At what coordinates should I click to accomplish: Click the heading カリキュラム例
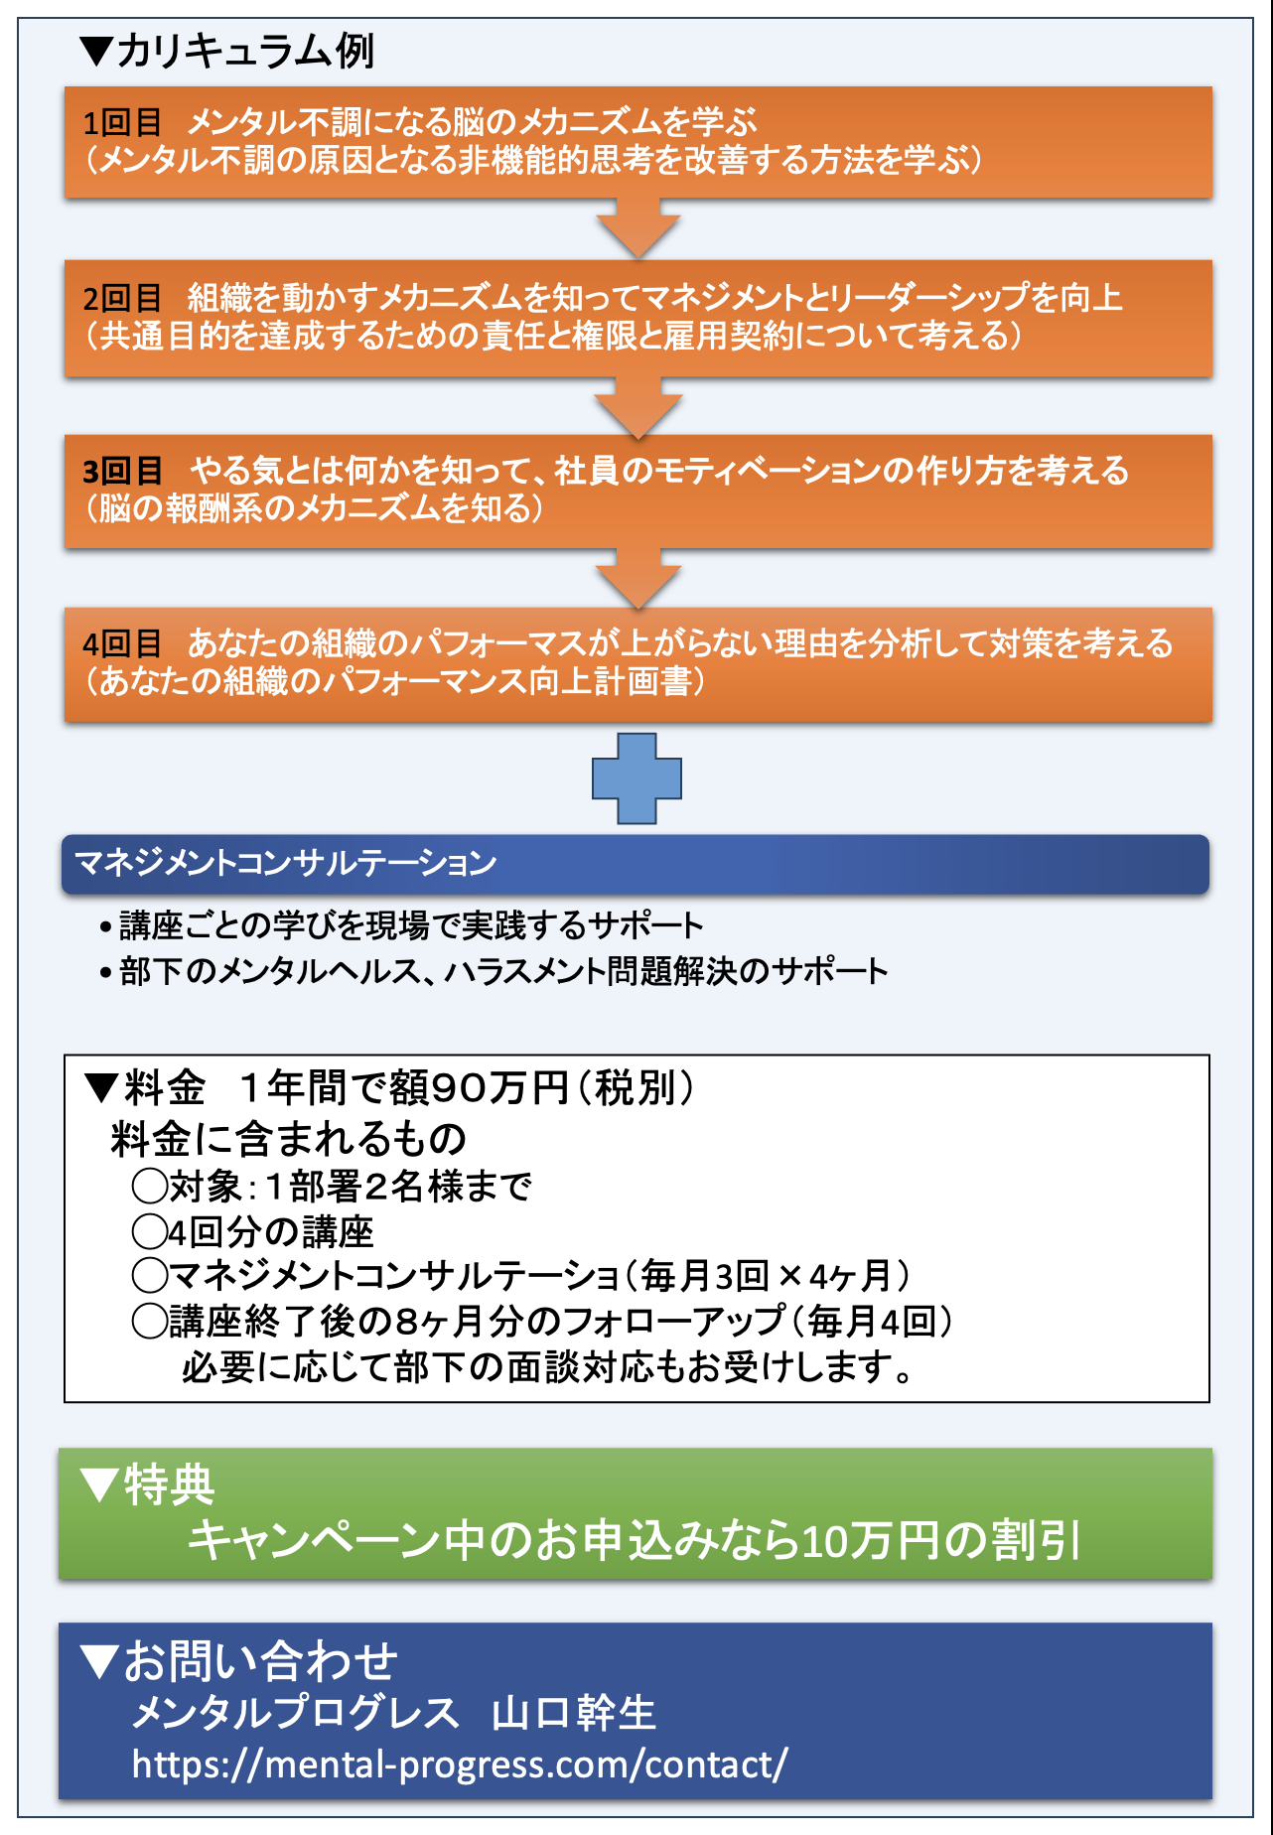pyautogui.click(x=245, y=51)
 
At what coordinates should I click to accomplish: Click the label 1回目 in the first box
pyautogui.click(x=121, y=123)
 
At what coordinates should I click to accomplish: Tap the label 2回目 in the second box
pyautogui.click(x=121, y=298)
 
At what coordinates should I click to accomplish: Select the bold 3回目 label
pyautogui.click(x=122, y=471)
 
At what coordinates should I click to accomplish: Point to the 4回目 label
pyautogui.click(x=121, y=644)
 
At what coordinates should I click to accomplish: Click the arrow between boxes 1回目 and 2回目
pyautogui.click(x=637, y=228)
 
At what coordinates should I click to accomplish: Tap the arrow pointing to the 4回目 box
pyautogui.click(x=637, y=579)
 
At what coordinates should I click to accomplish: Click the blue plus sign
pyautogui.click(x=636, y=778)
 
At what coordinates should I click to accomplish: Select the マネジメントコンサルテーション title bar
pyautogui.click(x=636, y=864)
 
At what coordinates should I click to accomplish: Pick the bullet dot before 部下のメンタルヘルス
pyautogui.click(x=105, y=973)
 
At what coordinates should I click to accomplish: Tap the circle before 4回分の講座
pyautogui.click(x=150, y=1232)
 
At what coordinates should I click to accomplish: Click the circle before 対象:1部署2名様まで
pyautogui.click(x=150, y=1186)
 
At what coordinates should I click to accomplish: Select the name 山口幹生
pyautogui.click(x=574, y=1713)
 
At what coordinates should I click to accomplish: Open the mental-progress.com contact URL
pyautogui.click(x=460, y=1764)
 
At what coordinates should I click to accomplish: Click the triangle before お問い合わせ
pyautogui.click(x=99, y=1661)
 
